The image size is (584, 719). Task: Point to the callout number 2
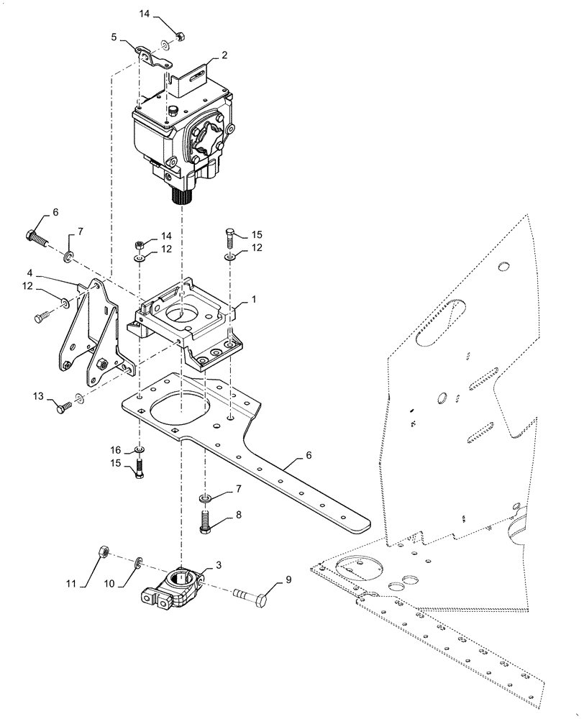pos(225,55)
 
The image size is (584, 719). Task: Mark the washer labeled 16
pos(140,452)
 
